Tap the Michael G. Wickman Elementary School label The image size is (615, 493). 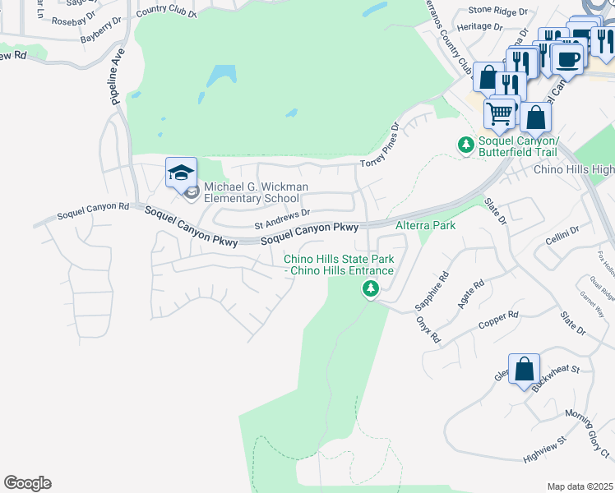click(256, 192)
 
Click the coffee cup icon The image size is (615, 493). click(568, 58)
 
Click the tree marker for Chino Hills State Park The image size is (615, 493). click(371, 288)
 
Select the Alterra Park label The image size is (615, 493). click(425, 224)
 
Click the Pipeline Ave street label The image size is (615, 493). click(117, 75)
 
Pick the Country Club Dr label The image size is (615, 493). click(166, 13)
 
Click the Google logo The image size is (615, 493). click(27, 483)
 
